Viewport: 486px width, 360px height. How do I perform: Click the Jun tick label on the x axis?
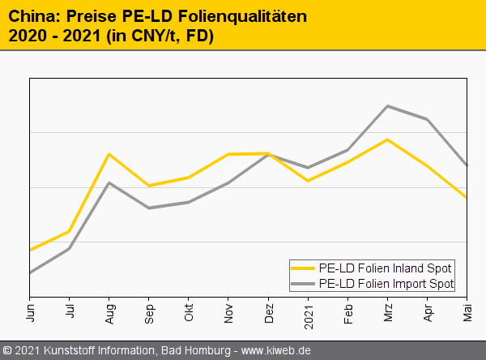tap(31, 311)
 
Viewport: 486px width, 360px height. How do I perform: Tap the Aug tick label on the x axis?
tap(110, 312)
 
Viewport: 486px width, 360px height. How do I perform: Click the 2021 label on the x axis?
tap(309, 314)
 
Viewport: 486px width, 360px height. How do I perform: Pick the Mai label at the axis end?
tap(467, 311)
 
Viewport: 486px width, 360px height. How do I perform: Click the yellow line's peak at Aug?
tap(109, 154)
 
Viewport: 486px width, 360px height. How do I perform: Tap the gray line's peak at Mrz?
tap(388, 106)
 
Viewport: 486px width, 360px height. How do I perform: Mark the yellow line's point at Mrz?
tap(388, 139)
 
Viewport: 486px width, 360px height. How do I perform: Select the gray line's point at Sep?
tap(149, 208)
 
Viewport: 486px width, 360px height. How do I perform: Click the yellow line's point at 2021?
tap(309, 180)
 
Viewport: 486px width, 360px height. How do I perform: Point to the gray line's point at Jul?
tap(70, 248)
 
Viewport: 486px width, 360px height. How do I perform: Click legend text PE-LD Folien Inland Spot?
tap(386, 268)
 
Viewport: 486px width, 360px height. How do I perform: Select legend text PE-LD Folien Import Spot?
tap(387, 283)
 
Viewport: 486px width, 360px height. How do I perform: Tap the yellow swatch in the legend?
tap(303, 268)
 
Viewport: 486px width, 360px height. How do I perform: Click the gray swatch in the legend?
tap(303, 283)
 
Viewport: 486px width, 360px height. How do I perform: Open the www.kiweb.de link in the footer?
tap(276, 350)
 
